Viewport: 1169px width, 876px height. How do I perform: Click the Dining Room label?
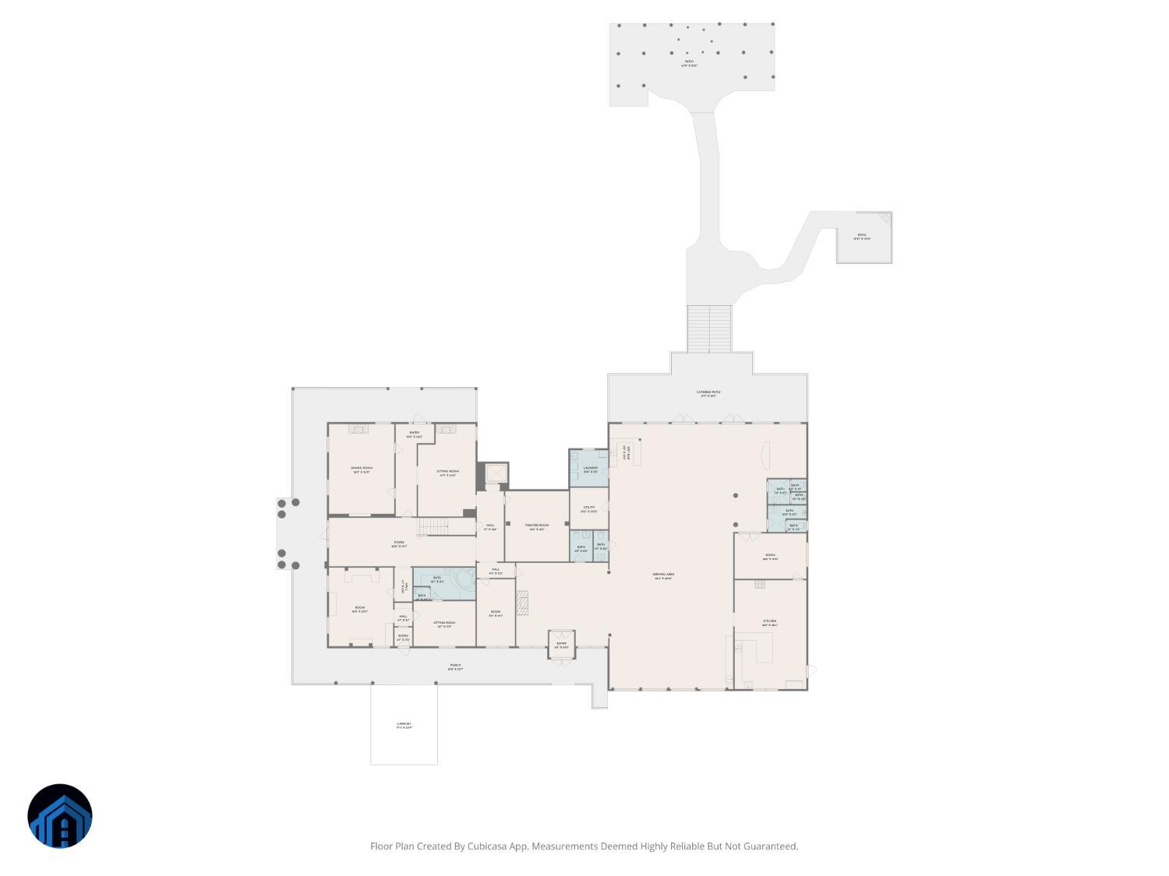pyautogui.click(x=362, y=470)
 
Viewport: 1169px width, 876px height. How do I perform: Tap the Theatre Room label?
pyautogui.click(x=537, y=527)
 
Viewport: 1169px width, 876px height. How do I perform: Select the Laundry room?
pyautogui.click(x=589, y=469)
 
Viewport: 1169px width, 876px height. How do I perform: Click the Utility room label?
pyautogui.click(x=589, y=509)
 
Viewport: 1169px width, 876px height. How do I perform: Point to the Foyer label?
pyautogui.click(x=398, y=544)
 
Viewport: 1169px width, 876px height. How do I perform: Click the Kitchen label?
pyautogui.click(x=769, y=623)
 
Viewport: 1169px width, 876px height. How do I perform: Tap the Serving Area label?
pyautogui.click(x=663, y=576)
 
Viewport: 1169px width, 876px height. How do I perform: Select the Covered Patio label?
pyautogui.click(x=708, y=393)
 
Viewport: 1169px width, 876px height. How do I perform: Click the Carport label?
pyautogui.click(x=404, y=726)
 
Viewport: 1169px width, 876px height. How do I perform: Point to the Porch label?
pyautogui.click(x=455, y=667)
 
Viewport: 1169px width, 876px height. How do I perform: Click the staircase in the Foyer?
pyautogui.click(x=433, y=527)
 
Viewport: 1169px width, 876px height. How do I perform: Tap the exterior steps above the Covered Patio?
pyautogui.click(x=709, y=328)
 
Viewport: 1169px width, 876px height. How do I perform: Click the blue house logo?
pyautogui.click(x=60, y=816)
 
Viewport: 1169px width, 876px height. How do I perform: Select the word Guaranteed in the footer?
pyautogui.click(x=770, y=846)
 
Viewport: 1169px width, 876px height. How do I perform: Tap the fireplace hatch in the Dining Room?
pyautogui.click(x=359, y=429)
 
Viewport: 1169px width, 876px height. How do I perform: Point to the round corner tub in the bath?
pyautogui.click(x=465, y=579)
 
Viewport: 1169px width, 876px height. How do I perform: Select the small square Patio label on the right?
pyautogui.click(x=862, y=237)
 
